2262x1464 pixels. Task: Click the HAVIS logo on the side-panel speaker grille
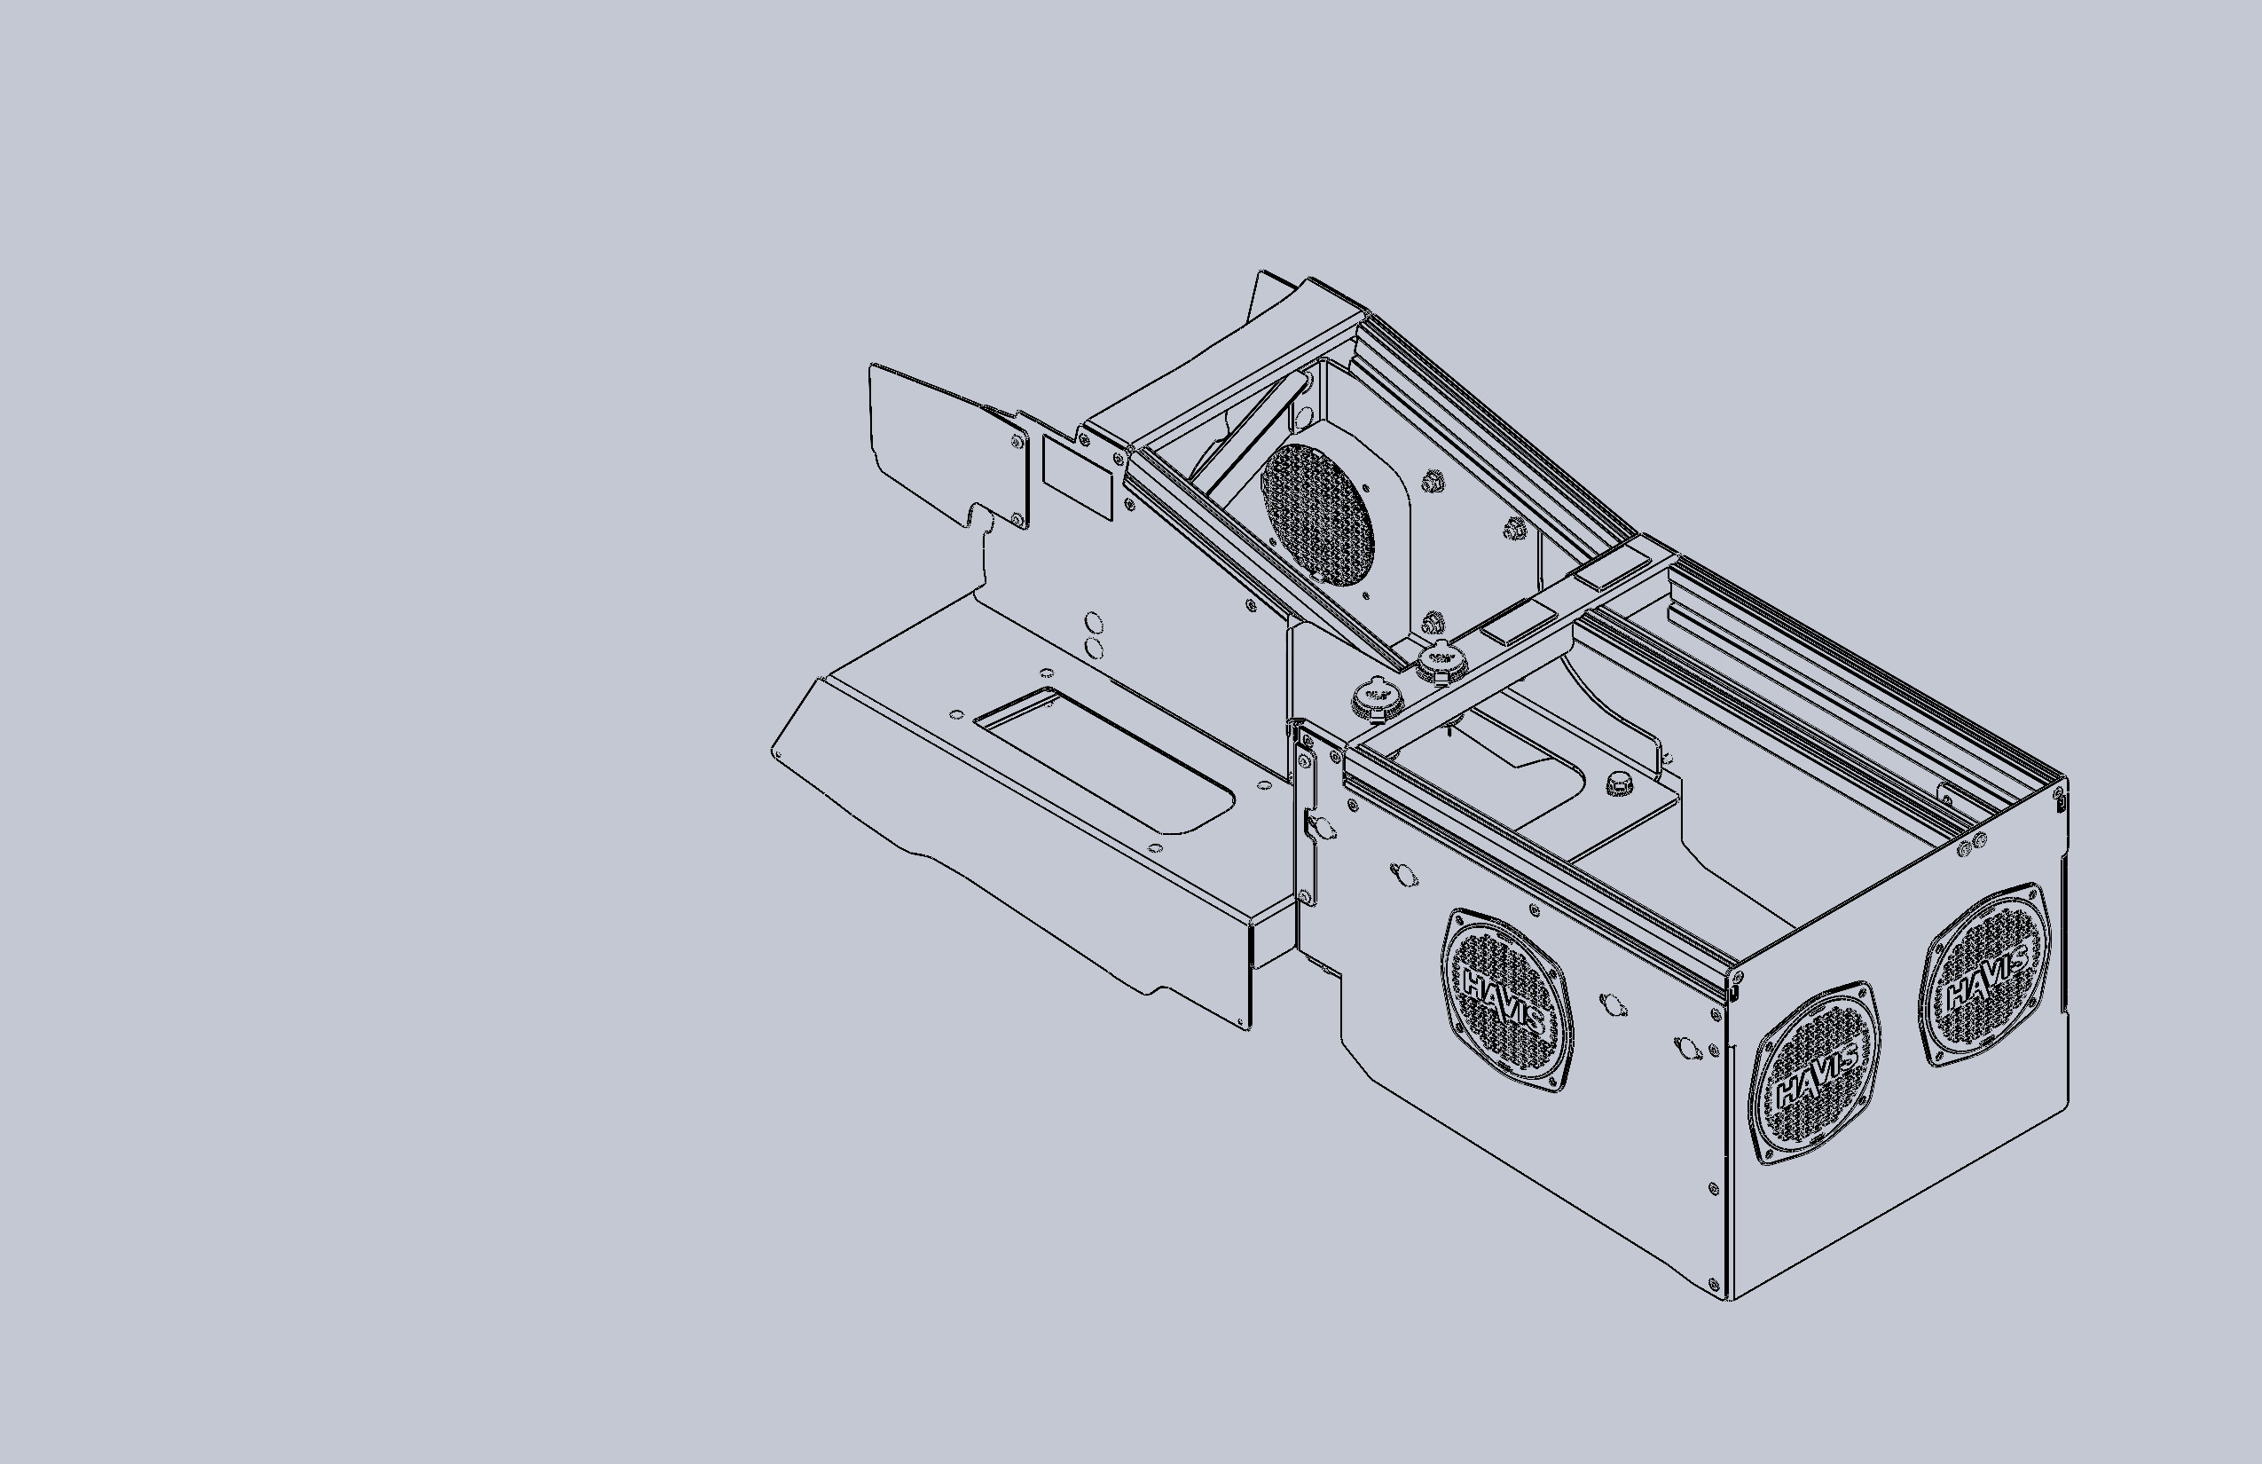point(1504,1000)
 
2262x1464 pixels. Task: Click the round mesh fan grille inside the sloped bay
point(1316,515)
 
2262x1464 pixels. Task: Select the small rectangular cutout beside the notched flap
point(1077,477)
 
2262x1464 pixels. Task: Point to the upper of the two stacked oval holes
point(1094,624)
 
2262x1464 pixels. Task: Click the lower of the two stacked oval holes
point(1094,649)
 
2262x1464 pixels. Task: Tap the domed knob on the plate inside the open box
point(1615,783)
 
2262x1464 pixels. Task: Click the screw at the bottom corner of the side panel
point(1714,1285)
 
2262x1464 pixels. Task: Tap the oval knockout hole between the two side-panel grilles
point(1612,1004)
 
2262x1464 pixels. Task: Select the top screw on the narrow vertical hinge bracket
point(1305,761)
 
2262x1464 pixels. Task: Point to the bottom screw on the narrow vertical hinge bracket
point(1305,895)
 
